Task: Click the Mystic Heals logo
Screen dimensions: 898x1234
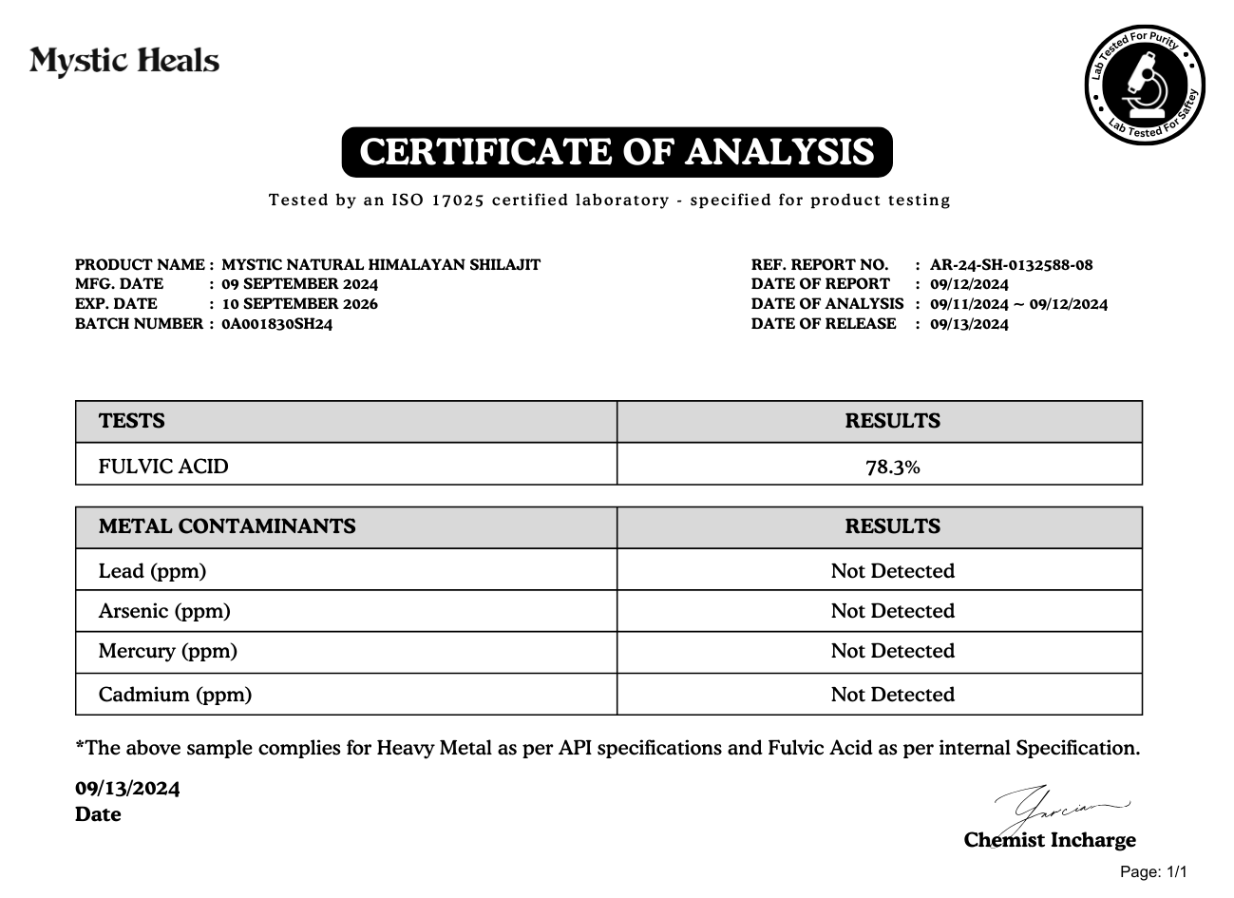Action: click(124, 62)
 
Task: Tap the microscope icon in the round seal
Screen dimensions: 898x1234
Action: click(1144, 85)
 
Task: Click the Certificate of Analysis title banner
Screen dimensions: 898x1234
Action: click(617, 152)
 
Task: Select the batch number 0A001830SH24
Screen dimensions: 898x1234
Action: click(276, 324)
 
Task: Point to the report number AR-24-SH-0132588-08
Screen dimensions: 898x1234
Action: click(1011, 265)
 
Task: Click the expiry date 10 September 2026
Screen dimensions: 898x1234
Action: click(299, 304)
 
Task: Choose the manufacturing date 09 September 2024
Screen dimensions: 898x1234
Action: click(299, 284)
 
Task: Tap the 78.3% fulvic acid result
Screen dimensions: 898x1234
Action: click(892, 467)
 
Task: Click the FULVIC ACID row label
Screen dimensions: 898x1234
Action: click(163, 467)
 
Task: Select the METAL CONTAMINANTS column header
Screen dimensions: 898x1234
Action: click(227, 526)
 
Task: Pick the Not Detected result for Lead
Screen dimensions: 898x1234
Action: click(892, 571)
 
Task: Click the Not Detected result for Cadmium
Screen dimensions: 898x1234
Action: click(892, 695)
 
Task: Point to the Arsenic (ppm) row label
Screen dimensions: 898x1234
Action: click(164, 611)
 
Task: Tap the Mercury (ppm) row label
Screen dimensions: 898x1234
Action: click(168, 651)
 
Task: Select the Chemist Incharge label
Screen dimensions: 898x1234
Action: click(1050, 840)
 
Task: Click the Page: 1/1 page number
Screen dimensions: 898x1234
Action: click(1153, 872)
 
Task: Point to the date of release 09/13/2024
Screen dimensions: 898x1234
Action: click(969, 324)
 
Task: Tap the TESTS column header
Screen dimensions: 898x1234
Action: click(132, 421)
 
